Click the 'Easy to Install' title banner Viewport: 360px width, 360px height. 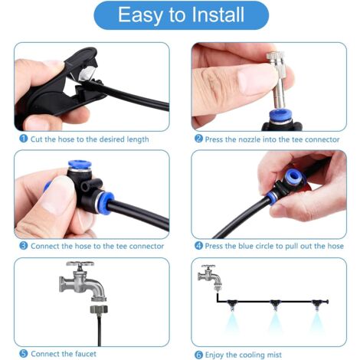[x=180, y=16]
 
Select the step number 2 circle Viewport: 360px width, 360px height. [x=198, y=139]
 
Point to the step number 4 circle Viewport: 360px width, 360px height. [x=198, y=246]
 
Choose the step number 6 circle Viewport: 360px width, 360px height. [x=198, y=353]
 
